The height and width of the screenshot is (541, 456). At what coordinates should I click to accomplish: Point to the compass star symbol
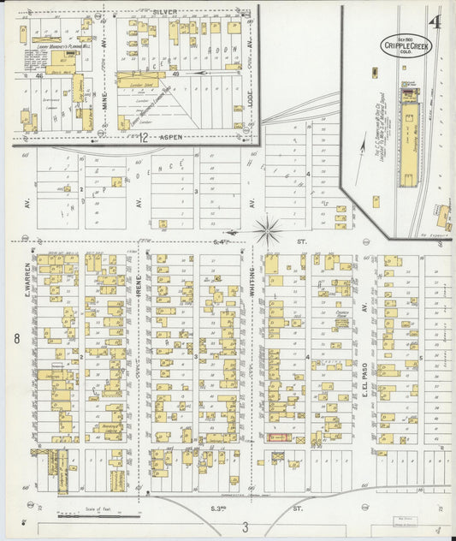point(269,229)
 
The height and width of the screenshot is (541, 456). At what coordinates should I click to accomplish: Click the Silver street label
point(165,12)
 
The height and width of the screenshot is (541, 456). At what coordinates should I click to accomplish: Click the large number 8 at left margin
point(16,339)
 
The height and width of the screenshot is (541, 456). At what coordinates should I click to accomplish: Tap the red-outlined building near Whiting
point(279,437)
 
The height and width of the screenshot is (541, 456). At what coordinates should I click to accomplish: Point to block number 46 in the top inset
point(39,76)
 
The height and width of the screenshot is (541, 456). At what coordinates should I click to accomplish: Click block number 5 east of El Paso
point(420,358)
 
